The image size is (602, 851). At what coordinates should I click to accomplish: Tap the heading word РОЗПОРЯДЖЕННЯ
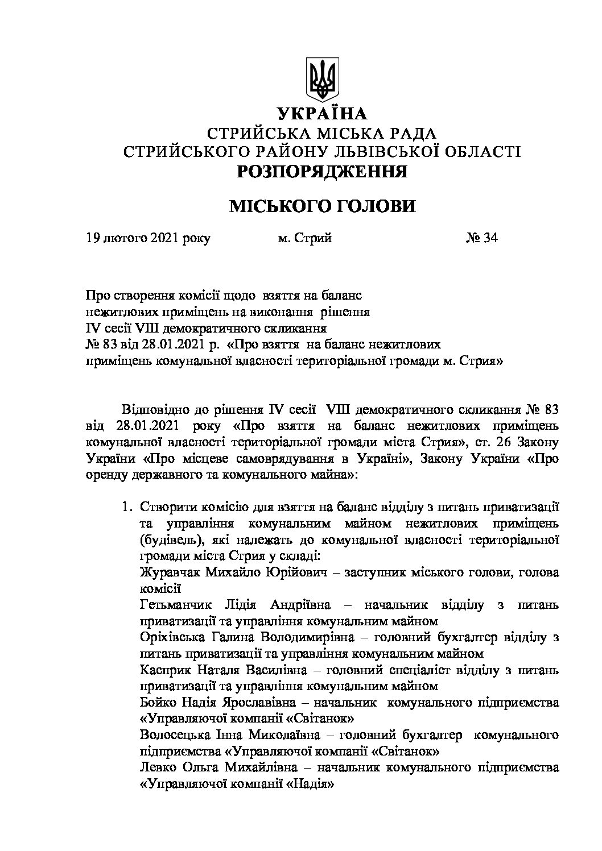coord(321,171)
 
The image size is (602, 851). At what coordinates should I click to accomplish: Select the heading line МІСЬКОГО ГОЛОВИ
coord(321,206)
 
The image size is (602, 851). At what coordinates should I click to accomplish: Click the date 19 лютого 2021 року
coord(147,238)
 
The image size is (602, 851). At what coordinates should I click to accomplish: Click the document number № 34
coord(481,238)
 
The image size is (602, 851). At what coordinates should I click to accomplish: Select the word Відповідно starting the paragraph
coord(151,409)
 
